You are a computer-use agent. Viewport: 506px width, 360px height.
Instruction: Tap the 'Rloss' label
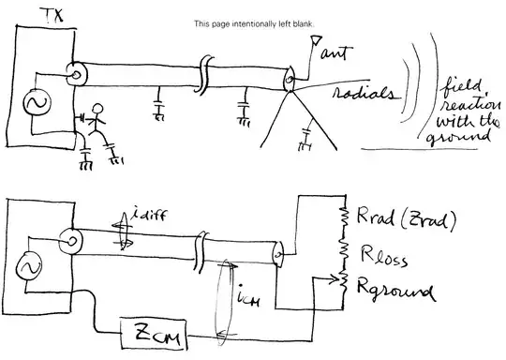click(x=394, y=254)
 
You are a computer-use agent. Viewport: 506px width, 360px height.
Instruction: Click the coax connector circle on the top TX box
click(x=72, y=70)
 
